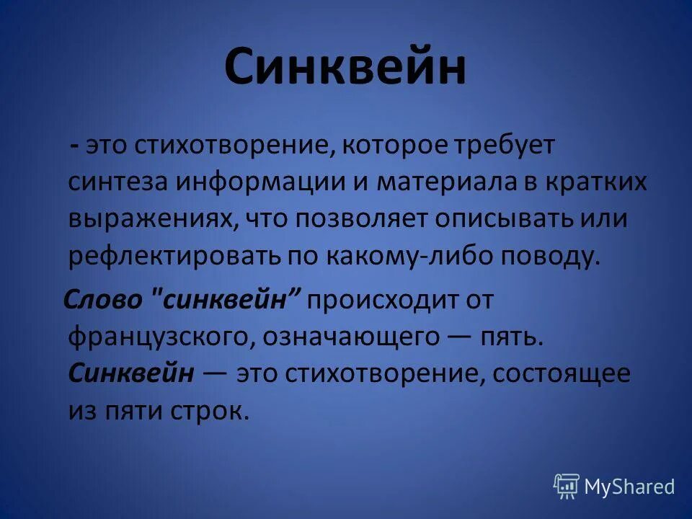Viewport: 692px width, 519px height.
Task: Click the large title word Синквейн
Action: click(345, 69)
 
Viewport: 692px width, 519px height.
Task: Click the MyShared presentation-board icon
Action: click(567, 486)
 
